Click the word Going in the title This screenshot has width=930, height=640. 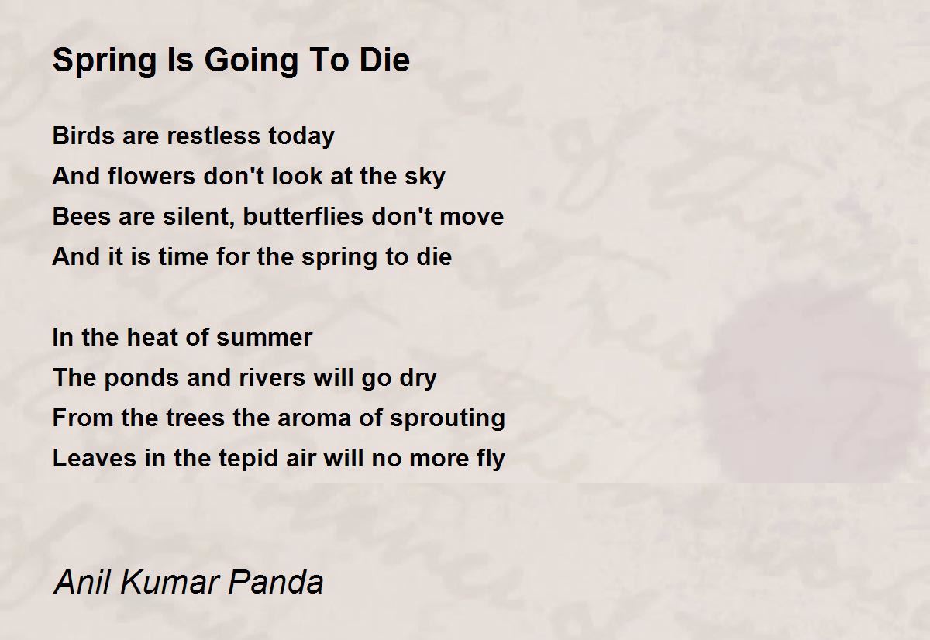point(251,61)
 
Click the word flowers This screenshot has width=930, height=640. point(152,176)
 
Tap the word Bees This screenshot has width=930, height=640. point(82,216)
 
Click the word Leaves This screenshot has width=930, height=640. point(95,458)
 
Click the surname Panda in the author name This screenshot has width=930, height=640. point(276,582)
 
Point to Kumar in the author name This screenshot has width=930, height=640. point(170,582)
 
